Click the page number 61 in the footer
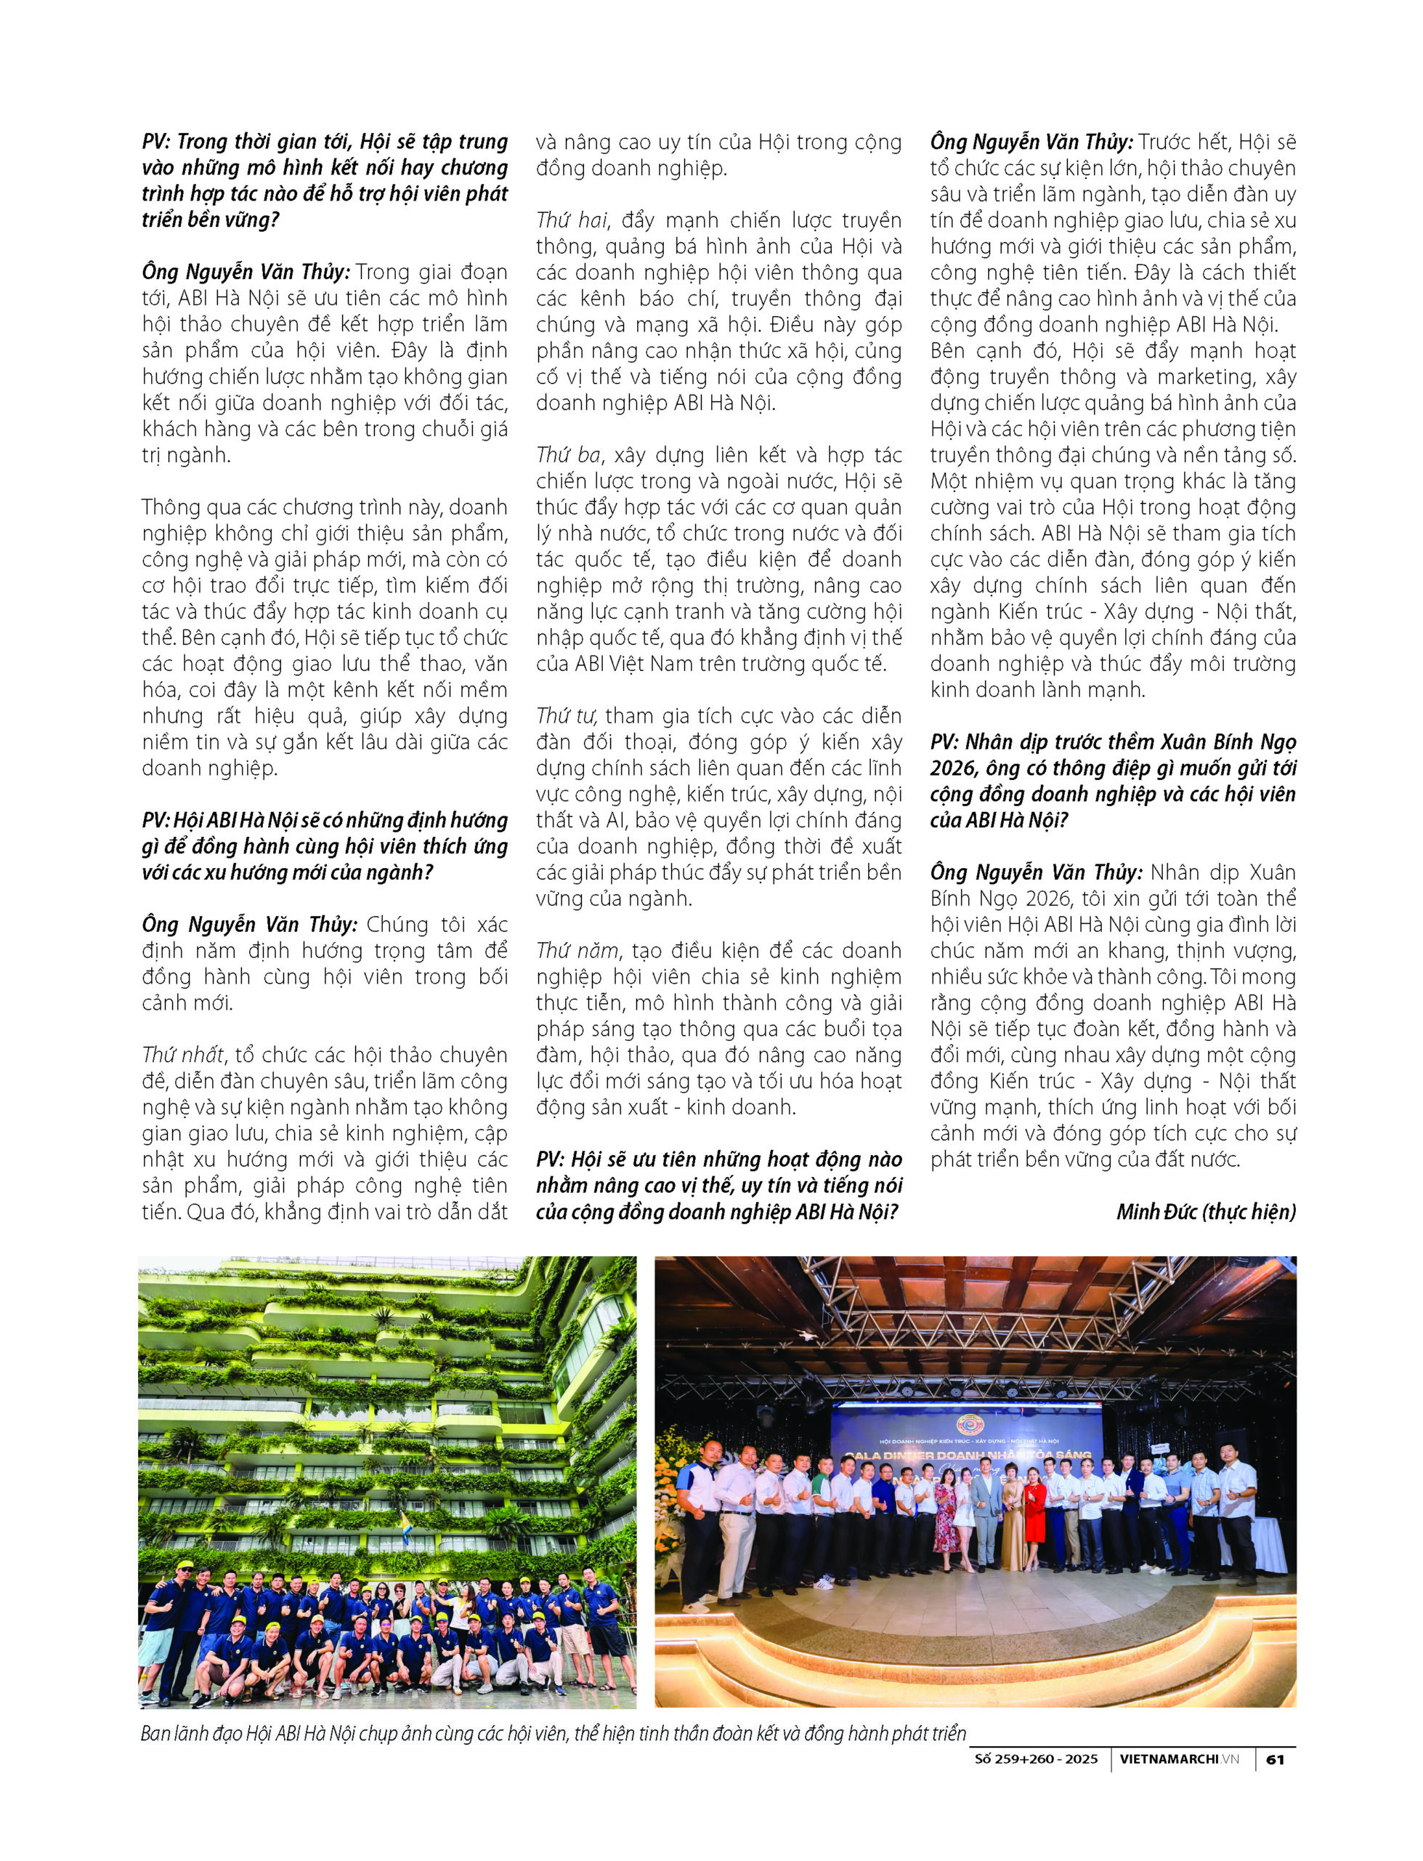coord(1275,1759)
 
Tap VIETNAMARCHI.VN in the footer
coord(1179,1759)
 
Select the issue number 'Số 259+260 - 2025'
coord(1035,1759)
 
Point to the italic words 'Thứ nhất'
coord(183,1055)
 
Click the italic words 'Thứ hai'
coord(572,220)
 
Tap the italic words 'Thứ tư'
coord(567,716)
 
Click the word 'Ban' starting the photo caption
coord(156,1734)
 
